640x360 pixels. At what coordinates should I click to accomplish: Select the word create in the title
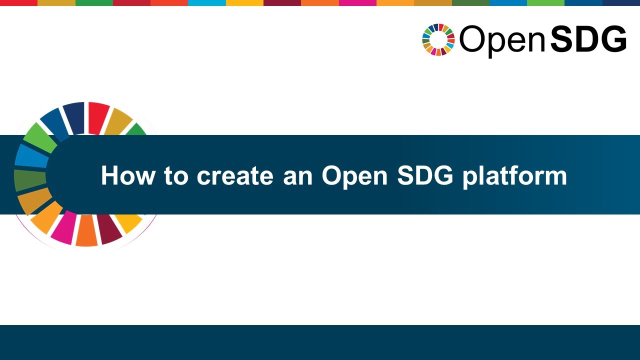235,176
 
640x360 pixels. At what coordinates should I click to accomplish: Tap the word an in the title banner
297,176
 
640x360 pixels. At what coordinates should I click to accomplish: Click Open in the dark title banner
354,176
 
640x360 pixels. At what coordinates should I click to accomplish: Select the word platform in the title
514,176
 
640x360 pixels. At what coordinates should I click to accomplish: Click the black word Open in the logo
501,40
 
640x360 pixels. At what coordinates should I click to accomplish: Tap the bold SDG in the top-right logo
588,40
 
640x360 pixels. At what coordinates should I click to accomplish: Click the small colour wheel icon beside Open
438,39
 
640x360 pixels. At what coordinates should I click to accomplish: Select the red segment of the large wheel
98,117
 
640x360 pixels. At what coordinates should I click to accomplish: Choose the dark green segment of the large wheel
29,179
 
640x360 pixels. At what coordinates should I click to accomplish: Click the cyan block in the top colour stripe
206,2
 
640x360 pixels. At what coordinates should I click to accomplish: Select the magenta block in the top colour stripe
357,2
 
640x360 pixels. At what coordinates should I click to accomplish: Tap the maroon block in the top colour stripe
282,2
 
